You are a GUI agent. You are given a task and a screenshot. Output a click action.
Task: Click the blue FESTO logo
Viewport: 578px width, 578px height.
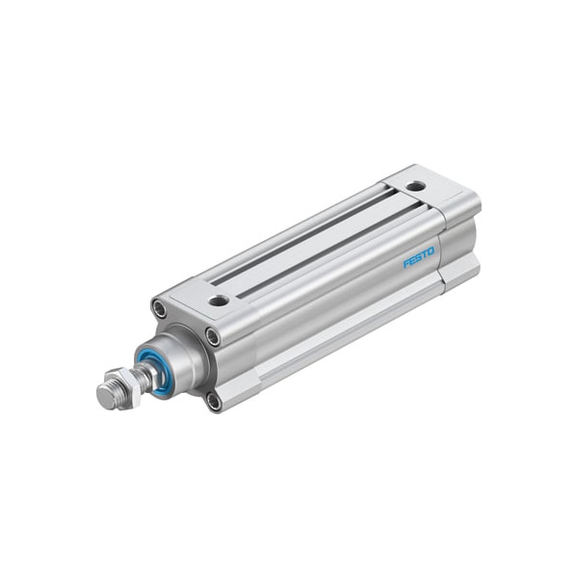(418, 257)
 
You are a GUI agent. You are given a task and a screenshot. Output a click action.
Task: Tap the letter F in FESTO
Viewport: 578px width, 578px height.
(406, 264)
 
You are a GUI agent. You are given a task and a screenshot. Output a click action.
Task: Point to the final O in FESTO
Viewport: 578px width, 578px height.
(431, 251)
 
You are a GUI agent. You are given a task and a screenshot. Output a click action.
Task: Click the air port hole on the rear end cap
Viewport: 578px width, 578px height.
(414, 186)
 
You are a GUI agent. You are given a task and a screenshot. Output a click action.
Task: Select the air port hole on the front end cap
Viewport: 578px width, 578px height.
(219, 301)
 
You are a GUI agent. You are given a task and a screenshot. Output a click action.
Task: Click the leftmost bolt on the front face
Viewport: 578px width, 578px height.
(158, 309)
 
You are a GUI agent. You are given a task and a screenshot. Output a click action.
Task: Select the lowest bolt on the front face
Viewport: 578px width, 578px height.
(213, 399)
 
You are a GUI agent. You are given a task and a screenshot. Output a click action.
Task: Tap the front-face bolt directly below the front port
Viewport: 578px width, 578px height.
(212, 337)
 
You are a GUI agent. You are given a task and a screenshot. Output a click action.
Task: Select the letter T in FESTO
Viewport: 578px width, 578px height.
(424, 254)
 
